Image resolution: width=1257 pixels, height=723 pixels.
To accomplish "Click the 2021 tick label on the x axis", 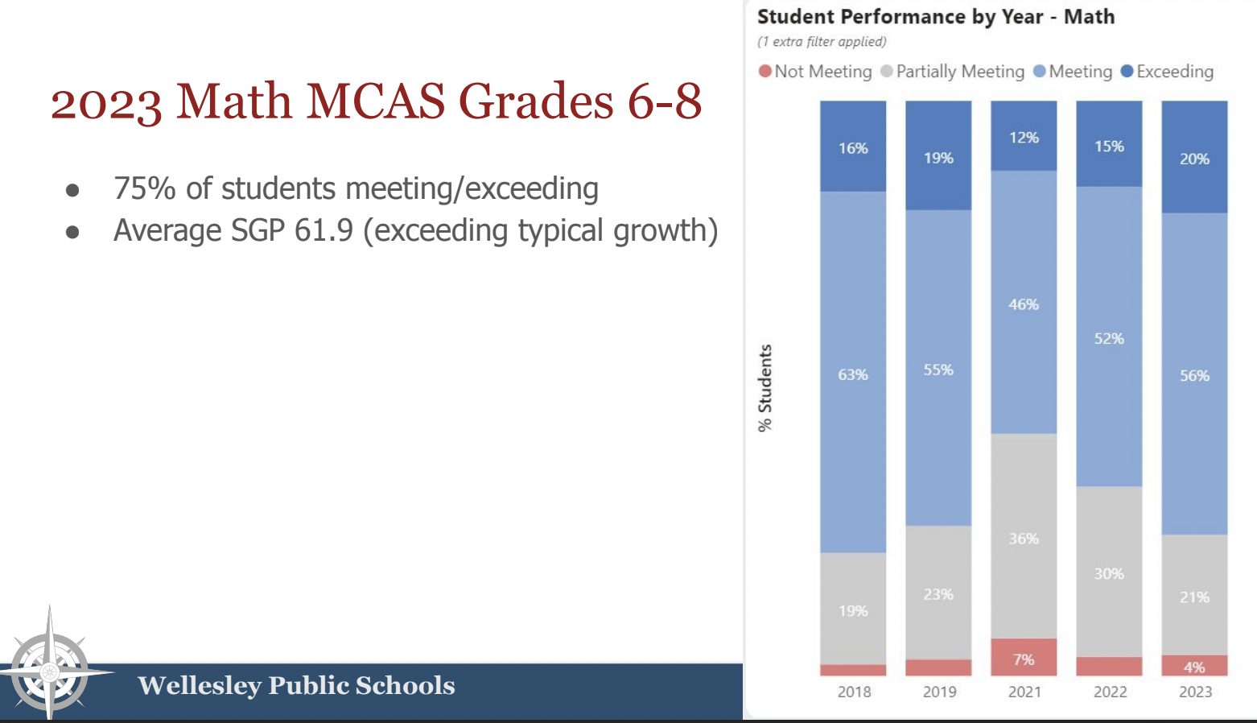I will pyautogui.click(x=1024, y=692).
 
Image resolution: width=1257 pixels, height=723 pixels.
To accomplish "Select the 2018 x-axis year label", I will pyautogui.click(x=853, y=692).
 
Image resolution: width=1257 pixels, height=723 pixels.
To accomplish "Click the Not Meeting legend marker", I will pyautogui.click(x=765, y=72).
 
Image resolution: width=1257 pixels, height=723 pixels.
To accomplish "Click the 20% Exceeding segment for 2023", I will pyautogui.click(x=1194, y=157).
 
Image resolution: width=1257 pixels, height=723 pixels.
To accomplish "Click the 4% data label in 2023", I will pyautogui.click(x=1194, y=667).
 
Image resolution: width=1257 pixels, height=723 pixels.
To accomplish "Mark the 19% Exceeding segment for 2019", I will pyautogui.click(x=938, y=156).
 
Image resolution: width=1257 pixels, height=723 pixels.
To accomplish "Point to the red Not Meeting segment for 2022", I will pyautogui.click(x=1109, y=666).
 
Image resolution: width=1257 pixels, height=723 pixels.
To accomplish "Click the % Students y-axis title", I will pyautogui.click(x=765, y=388).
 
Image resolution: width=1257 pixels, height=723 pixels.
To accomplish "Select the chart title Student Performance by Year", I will pyautogui.click(x=935, y=17).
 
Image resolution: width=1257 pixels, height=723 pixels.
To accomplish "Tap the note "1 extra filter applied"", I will pyautogui.click(x=822, y=42).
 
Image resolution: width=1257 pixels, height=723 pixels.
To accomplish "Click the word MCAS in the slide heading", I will pyautogui.click(x=375, y=101).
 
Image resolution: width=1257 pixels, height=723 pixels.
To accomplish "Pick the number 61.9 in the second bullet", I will pyautogui.click(x=324, y=231).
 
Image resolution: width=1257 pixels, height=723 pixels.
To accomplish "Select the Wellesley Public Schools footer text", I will pyautogui.click(x=296, y=685).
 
